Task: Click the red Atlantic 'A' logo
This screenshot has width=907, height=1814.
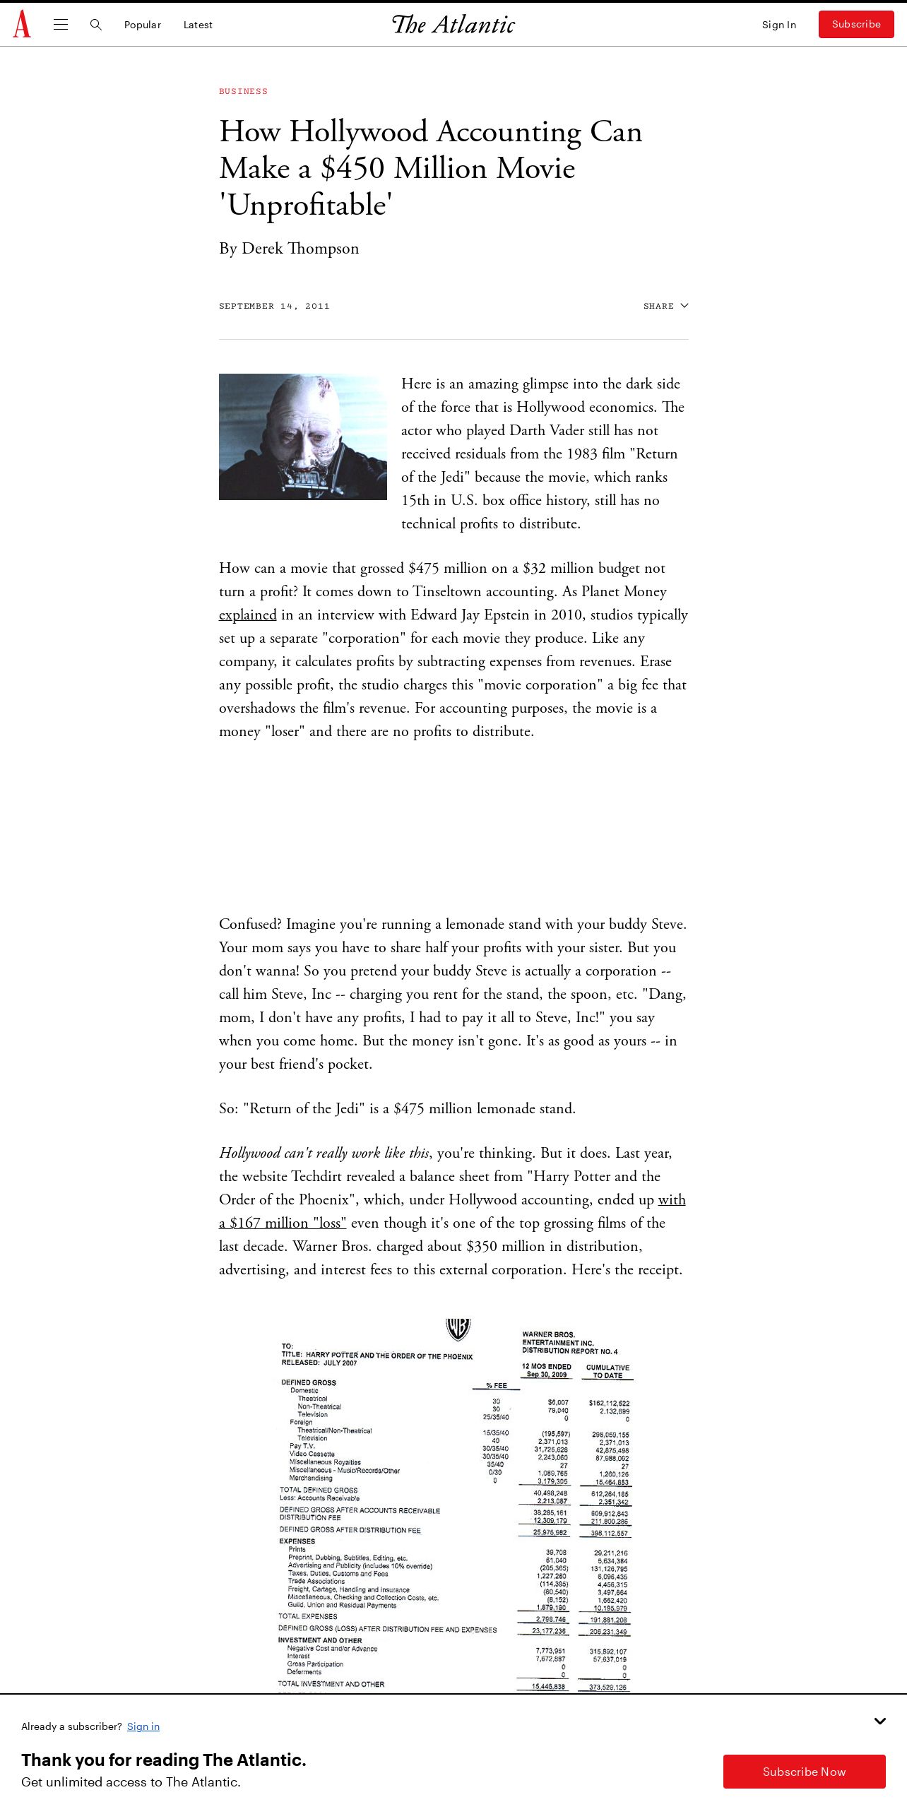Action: point(22,24)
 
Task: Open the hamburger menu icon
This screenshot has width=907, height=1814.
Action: point(61,25)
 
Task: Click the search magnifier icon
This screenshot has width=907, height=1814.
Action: point(96,25)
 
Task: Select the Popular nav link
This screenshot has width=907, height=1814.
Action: point(143,25)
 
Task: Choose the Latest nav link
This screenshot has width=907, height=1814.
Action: point(198,25)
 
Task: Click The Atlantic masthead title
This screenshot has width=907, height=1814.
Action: point(453,25)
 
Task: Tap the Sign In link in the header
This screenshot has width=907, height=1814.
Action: point(778,25)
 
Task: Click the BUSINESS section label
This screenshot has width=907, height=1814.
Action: point(243,91)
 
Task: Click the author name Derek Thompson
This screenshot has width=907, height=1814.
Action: point(300,249)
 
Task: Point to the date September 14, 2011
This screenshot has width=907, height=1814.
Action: point(274,306)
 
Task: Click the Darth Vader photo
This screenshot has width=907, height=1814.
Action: point(303,437)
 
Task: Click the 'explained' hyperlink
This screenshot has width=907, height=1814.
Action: point(248,615)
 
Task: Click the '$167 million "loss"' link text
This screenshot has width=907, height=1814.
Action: point(283,1223)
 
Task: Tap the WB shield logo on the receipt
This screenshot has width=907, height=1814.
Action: point(458,1329)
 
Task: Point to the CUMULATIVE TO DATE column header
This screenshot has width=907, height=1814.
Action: point(607,1371)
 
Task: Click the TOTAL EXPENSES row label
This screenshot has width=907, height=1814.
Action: point(308,1616)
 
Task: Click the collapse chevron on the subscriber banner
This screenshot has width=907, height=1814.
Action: point(880,1721)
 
